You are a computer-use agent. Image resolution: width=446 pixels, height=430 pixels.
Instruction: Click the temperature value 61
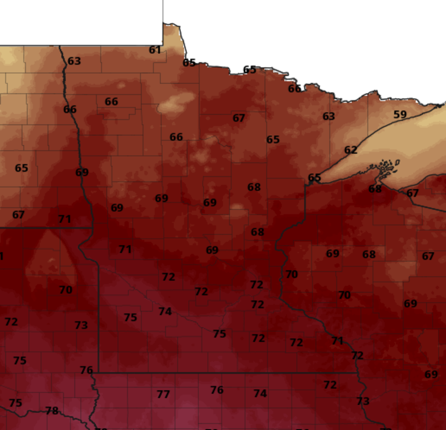155,50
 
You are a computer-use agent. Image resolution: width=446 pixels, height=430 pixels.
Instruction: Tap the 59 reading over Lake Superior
400,115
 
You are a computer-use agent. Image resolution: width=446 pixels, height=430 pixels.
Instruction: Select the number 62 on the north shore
350,150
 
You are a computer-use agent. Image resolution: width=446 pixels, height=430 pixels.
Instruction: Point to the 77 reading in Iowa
163,394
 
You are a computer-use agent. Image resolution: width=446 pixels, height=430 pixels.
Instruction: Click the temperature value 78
52,411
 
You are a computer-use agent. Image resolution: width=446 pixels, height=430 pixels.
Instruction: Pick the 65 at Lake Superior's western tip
314,177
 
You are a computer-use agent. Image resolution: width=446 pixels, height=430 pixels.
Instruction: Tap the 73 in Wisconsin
363,401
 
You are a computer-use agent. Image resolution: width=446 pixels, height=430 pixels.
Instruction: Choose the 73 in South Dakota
81,325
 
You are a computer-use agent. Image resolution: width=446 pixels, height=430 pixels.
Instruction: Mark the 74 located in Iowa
260,393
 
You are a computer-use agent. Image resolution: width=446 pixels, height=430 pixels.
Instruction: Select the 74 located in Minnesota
165,311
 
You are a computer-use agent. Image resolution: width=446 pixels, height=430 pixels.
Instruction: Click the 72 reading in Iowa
330,385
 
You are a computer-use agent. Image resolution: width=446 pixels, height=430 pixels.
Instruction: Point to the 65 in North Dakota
22,168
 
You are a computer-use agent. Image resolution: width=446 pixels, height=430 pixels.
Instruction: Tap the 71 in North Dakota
65,219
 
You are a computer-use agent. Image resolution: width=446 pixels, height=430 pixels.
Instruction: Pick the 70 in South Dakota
66,290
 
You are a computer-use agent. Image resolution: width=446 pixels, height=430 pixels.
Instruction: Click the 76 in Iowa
217,390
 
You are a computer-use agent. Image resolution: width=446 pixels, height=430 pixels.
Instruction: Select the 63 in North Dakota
74,61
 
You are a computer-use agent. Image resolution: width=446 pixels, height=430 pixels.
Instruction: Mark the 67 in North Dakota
18,215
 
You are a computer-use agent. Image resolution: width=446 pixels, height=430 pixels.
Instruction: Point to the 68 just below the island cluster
375,189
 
